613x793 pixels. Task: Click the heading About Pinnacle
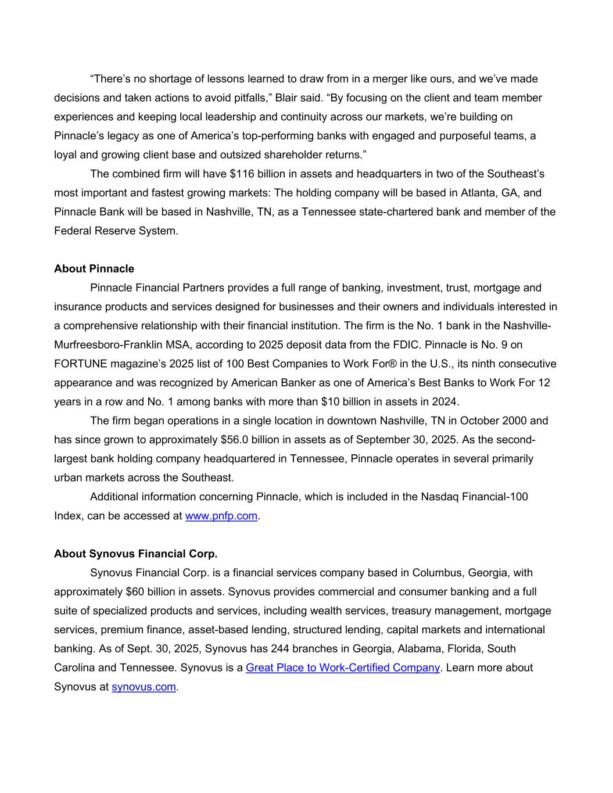pos(94,268)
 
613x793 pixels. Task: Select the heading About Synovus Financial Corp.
pos(135,553)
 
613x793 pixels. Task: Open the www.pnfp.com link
pos(221,515)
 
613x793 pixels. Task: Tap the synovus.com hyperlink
pos(144,686)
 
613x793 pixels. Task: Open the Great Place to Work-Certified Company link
pos(342,667)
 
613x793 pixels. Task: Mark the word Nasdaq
pos(438,496)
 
